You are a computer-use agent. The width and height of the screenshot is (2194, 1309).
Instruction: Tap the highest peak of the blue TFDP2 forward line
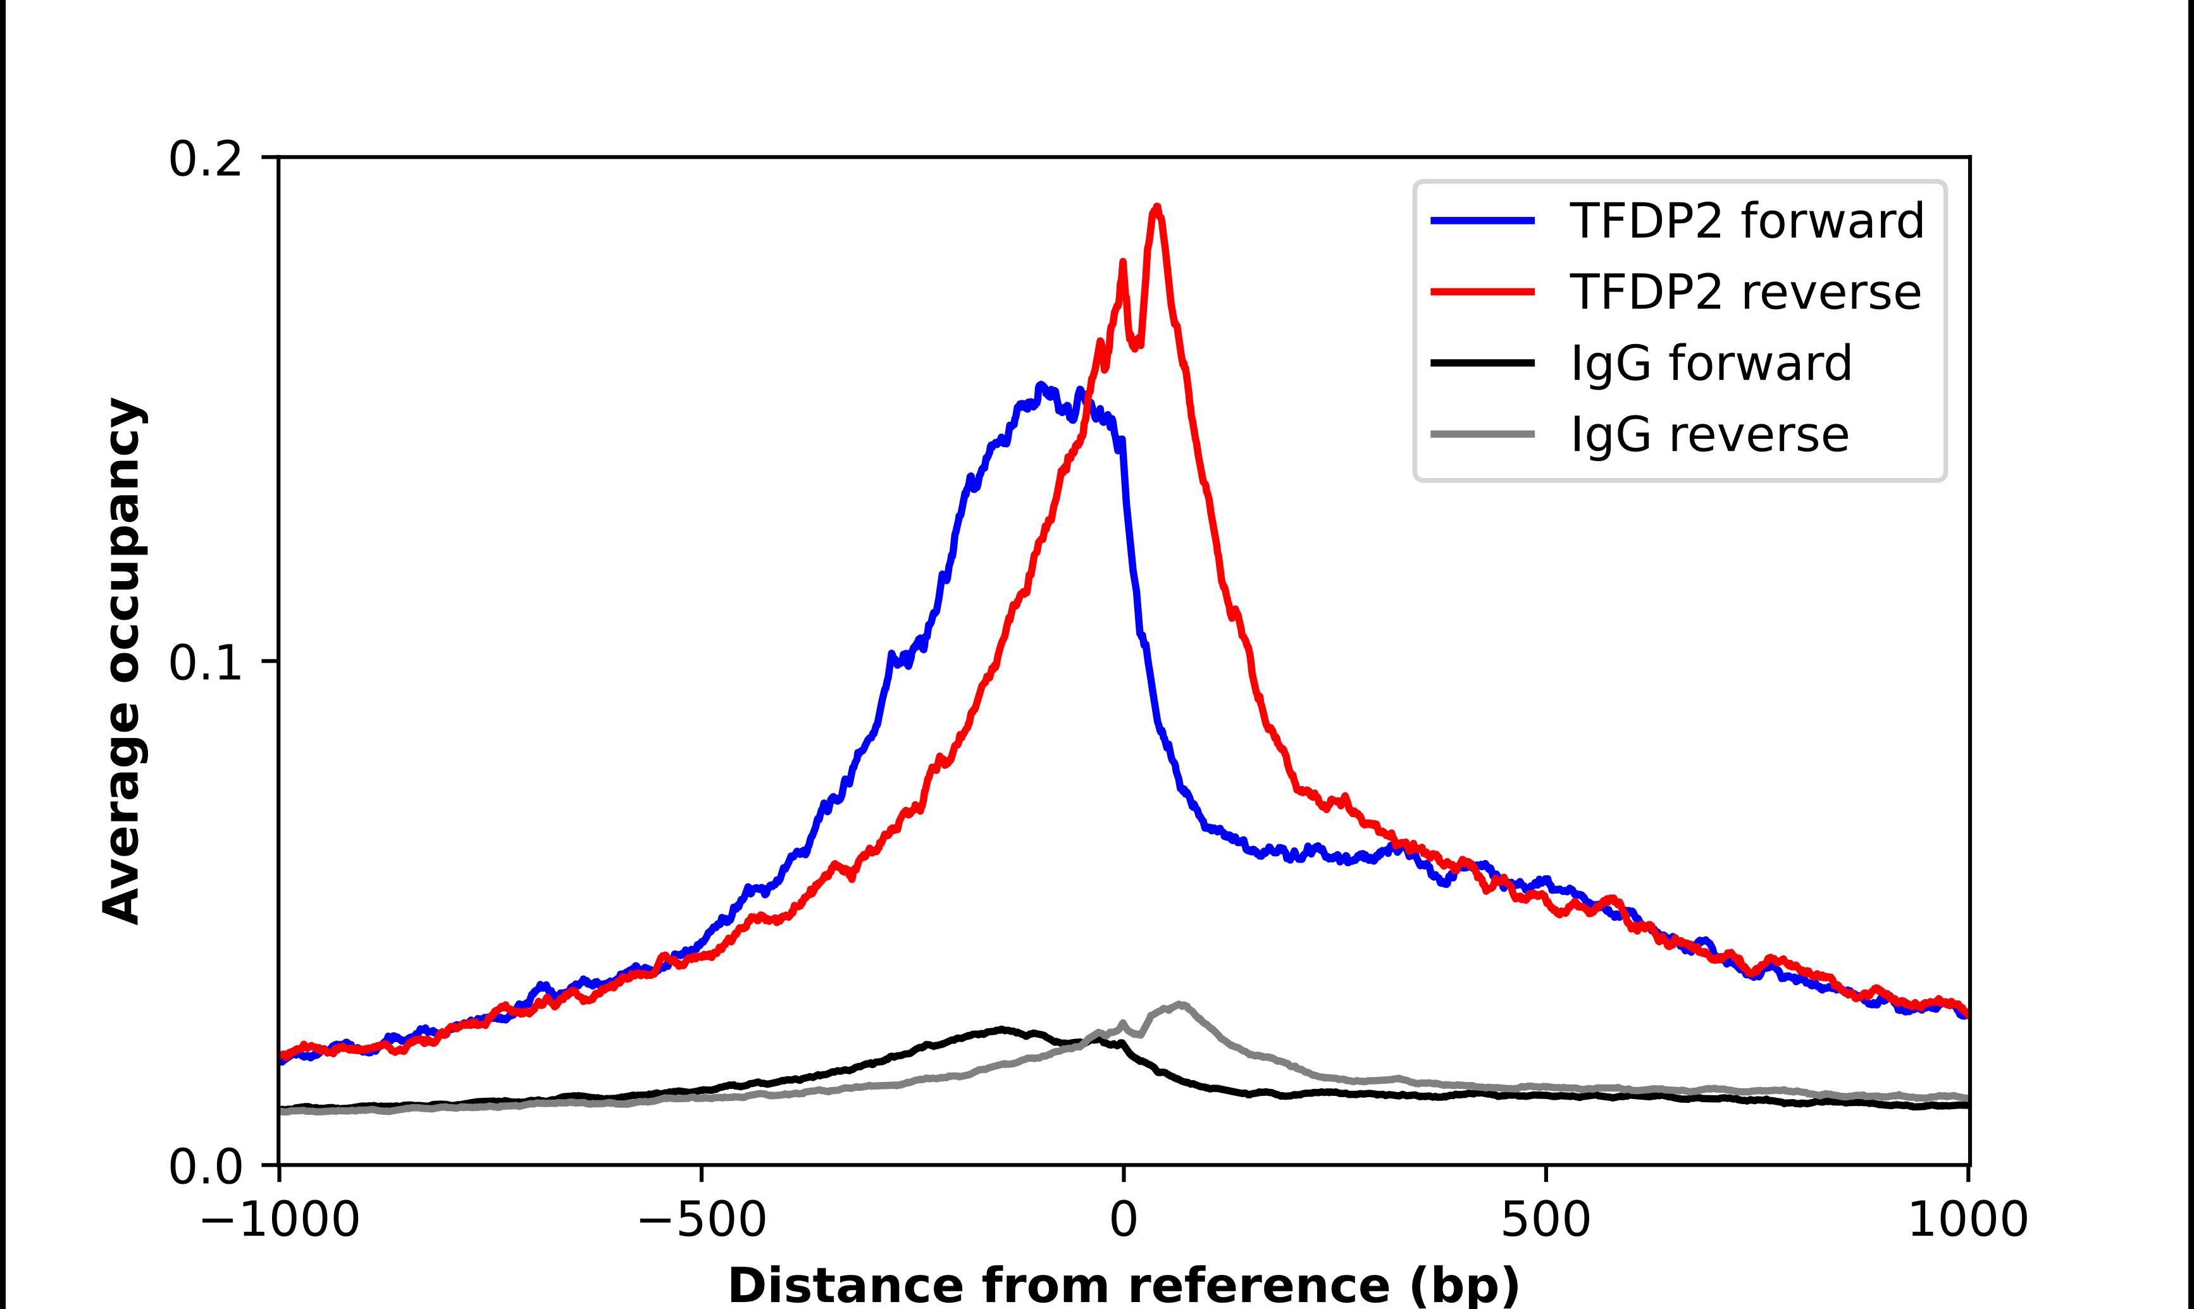1042,386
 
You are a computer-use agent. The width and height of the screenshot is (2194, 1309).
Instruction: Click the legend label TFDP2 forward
1747,221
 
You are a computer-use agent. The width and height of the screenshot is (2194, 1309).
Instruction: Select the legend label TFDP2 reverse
1745,292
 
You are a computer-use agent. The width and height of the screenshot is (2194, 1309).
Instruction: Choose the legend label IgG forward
1711,364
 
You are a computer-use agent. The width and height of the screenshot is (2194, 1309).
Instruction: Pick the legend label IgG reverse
1709,435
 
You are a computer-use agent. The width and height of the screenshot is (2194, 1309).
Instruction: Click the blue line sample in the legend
1483,221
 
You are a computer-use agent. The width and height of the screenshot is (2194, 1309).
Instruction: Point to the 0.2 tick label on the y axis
205,159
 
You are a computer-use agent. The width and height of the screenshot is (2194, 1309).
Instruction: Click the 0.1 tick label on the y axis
205,663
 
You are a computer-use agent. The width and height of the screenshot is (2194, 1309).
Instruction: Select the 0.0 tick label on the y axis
205,1167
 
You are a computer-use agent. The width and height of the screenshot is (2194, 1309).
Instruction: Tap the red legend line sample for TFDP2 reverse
1483,292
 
